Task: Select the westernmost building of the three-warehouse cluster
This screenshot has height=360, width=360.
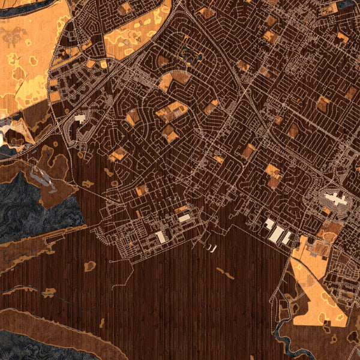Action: pos(269,224)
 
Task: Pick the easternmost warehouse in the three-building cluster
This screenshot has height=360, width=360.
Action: pos(287,238)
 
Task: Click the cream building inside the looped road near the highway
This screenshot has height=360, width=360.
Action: pos(80,118)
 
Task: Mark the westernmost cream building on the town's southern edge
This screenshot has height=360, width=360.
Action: pos(161,236)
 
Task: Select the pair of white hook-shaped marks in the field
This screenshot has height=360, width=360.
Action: pos(211,247)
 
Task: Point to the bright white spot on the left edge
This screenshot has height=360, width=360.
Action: pos(3,139)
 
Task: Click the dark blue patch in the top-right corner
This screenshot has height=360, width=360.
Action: pos(348,5)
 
